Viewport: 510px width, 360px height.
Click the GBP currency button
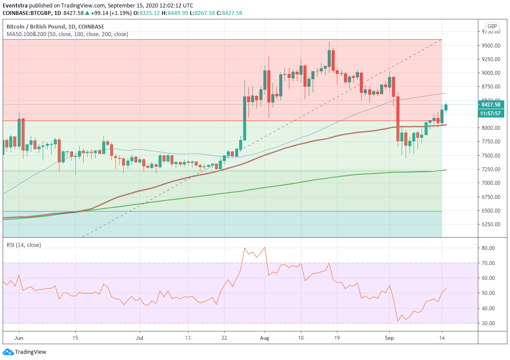(492, 26)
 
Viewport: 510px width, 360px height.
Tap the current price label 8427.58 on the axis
(491, 105)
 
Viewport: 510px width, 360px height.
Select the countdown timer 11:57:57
(491, 113)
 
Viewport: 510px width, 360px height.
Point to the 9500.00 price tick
(491, 45)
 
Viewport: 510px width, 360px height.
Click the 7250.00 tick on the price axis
(491, 169)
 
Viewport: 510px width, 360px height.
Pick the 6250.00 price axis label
(491, 224)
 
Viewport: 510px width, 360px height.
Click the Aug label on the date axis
(264, 338)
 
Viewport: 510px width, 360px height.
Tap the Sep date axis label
(389, 338)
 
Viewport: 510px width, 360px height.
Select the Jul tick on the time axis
(140, 338)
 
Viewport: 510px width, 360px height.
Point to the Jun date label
(19, 338)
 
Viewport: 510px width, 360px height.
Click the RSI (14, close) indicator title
(24, 245)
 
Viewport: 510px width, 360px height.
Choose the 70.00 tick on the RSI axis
(489, 263)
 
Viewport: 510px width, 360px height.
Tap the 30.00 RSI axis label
(489, 323)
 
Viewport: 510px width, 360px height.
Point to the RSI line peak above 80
(264, 247)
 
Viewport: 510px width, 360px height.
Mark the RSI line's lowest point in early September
(397, 321)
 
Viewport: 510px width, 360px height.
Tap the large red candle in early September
(398, 119)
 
